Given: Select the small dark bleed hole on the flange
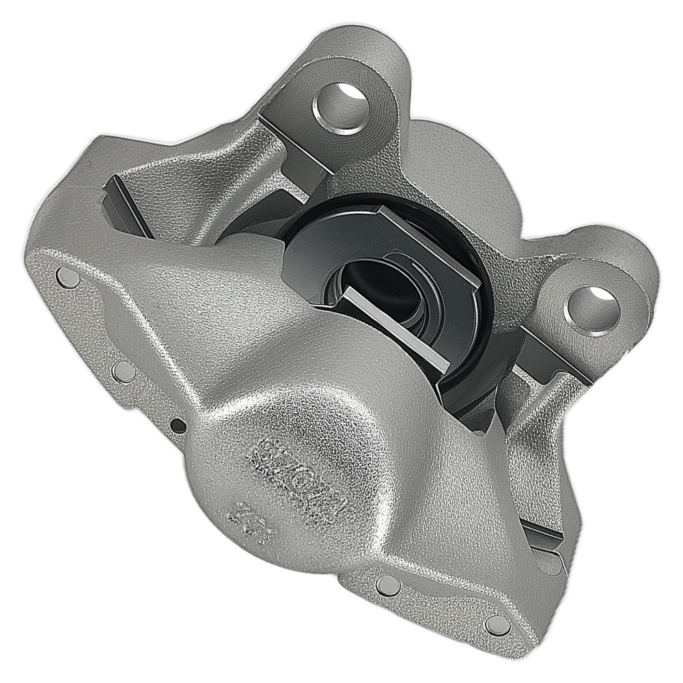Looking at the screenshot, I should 178,426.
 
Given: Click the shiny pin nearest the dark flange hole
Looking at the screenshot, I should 124,371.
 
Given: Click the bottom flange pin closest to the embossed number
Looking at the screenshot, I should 388,585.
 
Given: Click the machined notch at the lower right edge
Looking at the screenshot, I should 546,546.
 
